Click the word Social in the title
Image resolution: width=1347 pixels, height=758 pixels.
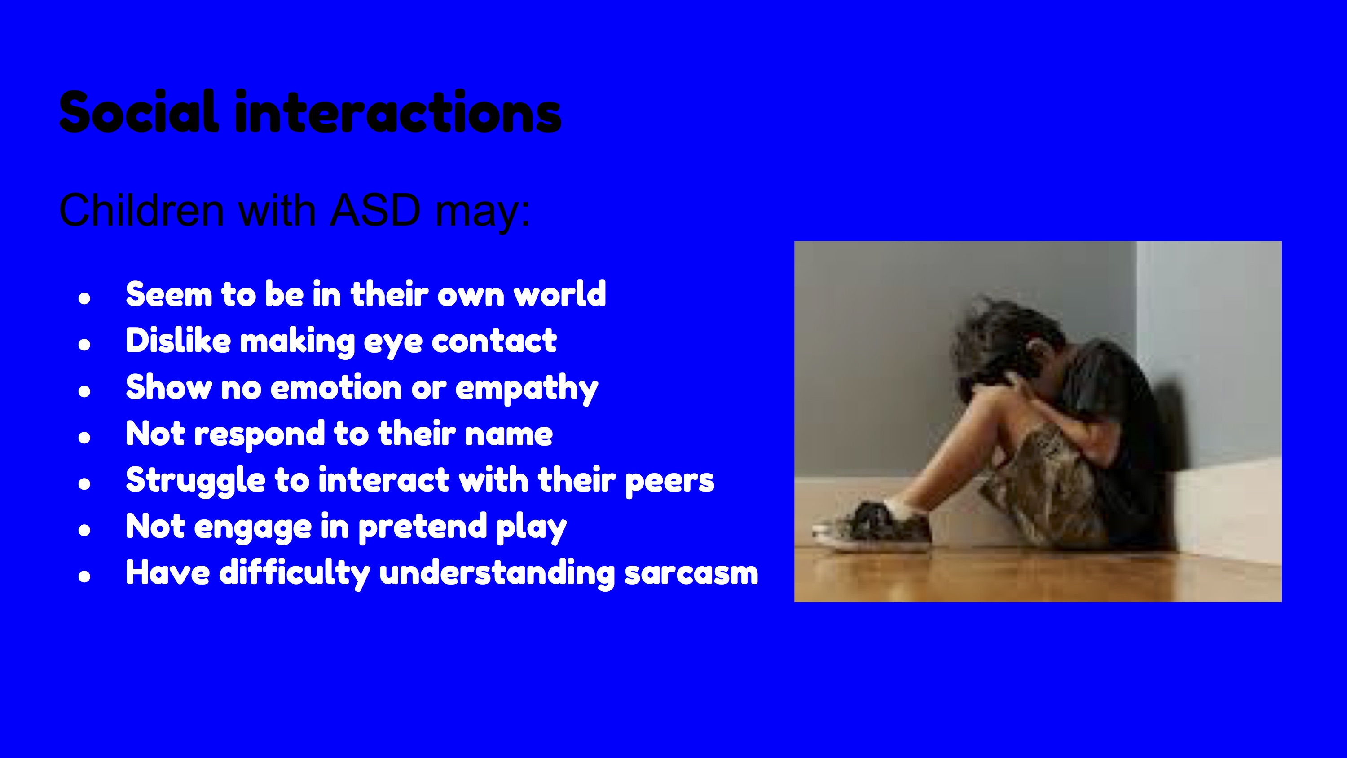[139, 111]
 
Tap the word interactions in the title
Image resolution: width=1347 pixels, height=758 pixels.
[398, 111]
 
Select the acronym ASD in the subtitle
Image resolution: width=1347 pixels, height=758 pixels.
[375, 210]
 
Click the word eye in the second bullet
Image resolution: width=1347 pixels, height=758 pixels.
[393, 342]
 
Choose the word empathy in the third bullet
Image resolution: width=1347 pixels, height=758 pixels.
[527, 389]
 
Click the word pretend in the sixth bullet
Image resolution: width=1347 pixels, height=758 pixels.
[423, 527]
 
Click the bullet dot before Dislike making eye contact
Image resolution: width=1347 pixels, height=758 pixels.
[84, 344]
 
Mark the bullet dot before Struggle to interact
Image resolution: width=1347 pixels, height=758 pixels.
[84, 483]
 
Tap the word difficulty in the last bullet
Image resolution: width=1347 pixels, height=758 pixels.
[295, 573]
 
